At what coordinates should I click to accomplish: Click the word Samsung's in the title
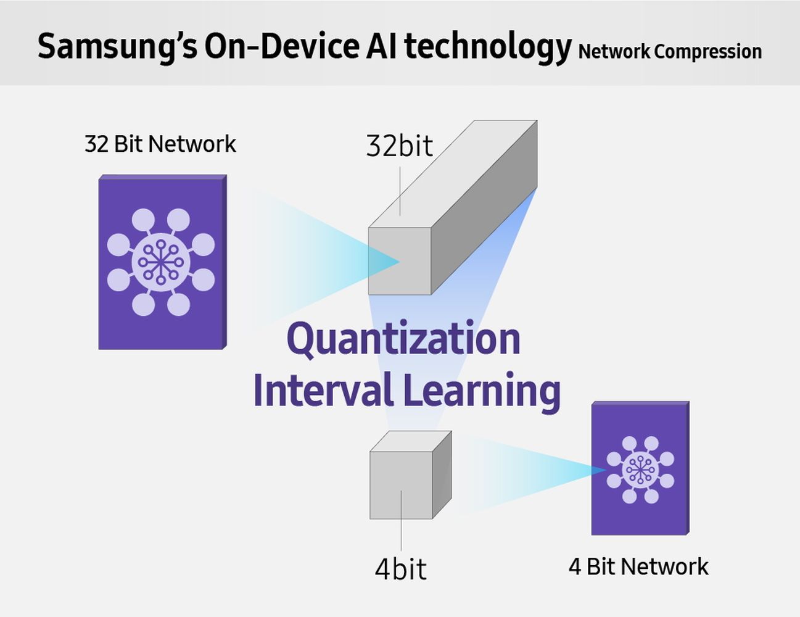click(x=117, y=47)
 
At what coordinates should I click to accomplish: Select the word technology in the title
click(x=488, y=47)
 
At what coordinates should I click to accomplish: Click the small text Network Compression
click(x=670, y=52)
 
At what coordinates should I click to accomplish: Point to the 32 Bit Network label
click(x=160, y=144)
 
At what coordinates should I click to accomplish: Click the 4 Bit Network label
click(x=638, y=566)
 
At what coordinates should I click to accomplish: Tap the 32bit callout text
click(x=400, y=146)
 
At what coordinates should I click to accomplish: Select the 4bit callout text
click(x=400, y=569)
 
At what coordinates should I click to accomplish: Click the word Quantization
click(x=404, y=339)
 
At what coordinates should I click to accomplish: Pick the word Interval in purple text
click(x=323, y=390)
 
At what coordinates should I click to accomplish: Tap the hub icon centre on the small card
click(x=640, y=470)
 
